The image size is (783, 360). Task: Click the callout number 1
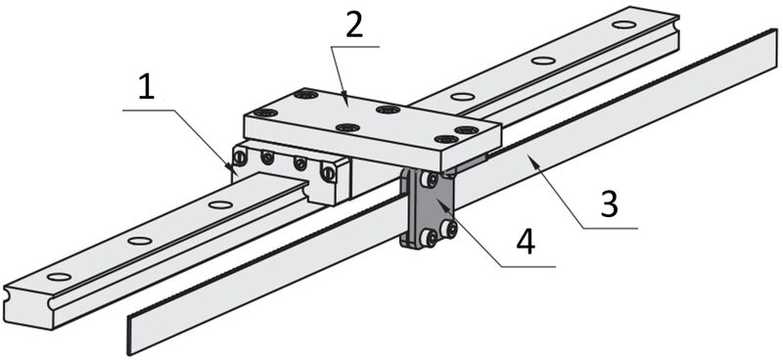147,88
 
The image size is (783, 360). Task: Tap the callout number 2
354,26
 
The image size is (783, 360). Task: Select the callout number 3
610,204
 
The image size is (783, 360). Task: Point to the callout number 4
526,244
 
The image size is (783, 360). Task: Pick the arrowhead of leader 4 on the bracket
440,202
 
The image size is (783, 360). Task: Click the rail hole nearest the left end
59,277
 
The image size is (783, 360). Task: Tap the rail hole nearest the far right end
623,24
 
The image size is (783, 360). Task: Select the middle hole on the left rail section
139,241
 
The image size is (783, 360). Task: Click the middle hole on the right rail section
543,61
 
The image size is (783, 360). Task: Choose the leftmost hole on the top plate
265,112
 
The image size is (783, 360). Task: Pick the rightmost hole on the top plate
467,130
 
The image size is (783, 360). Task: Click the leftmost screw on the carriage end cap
240,158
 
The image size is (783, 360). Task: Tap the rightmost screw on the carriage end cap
328,173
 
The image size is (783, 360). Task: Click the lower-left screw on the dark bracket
428,238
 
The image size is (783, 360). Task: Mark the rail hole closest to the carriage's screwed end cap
220,204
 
